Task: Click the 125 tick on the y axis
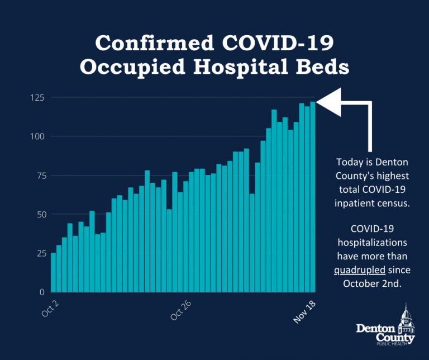click(x=37, y=98)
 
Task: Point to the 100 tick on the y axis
click(x=37, y=136)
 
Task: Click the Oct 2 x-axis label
click(x=49, y=308)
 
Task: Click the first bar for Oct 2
click(x=54, y=272)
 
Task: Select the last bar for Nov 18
click(x=313, y=197)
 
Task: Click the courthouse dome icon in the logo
click(x=404, y=315)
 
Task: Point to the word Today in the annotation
click(x=349, y=162)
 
